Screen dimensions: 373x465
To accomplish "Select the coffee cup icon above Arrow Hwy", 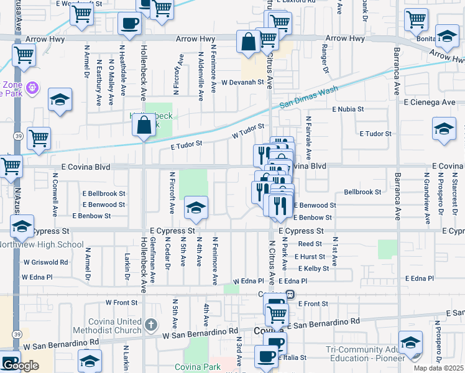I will pyautogui.click(x=129, y=24).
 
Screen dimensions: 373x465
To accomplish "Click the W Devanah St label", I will pyautogui.click(x=242, y=82).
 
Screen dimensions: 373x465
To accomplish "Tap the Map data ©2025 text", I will pyautogui.click(x=438, y=368).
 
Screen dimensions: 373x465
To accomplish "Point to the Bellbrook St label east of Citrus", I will pyautogui.click(x=362, y=192).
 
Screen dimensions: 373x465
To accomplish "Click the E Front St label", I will pyautogui.click(x=313, y=303).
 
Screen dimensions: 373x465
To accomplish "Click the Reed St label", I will pyautogui.click(x=310, y=244).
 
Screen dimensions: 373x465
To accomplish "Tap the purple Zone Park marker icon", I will pyautogui.click(x=32, y=90).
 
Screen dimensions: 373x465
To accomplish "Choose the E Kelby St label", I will pyautogui.click(x=313, y=269).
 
